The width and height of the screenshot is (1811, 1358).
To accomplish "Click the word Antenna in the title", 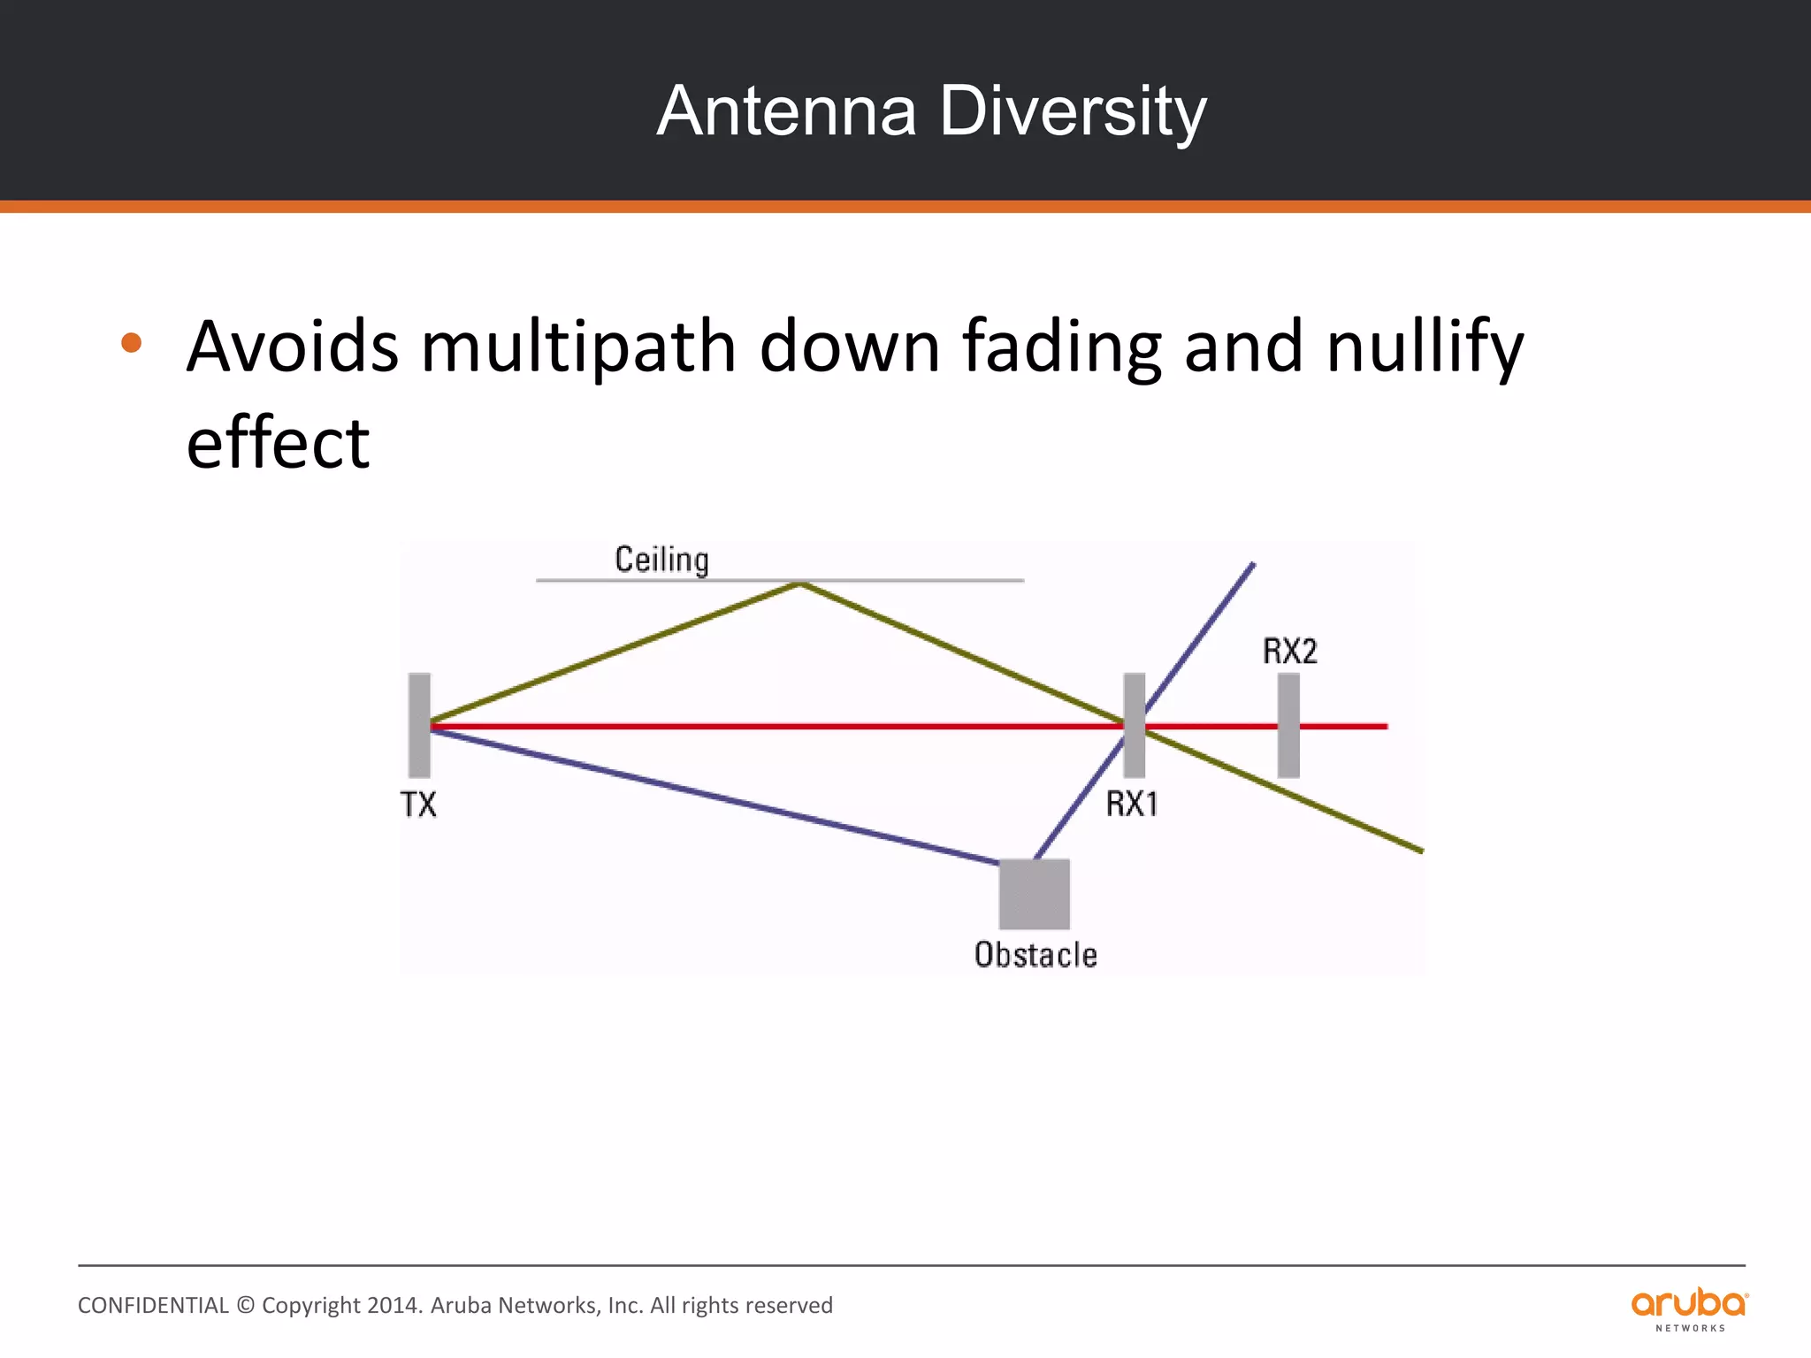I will click(786, 111).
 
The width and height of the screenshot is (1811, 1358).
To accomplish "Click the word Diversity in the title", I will click(1073, 111).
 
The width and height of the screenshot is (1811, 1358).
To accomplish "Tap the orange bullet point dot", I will click(132, 343).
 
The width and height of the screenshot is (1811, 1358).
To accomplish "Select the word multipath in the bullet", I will click(578, 347).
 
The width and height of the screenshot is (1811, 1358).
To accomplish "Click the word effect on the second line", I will click(278, 443).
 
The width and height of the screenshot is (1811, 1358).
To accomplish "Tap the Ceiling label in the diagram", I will click(661, 561).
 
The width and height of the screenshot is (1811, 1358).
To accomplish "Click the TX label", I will click(418, 805).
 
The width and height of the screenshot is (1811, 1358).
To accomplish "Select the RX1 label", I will click(1132, 805).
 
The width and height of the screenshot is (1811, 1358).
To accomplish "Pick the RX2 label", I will click(1289, 652).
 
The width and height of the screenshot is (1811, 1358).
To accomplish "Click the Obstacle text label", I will click(1035, 956).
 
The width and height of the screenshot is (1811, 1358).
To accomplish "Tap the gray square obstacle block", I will click(1034, 894).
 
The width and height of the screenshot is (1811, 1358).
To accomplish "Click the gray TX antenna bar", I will click(419, 725).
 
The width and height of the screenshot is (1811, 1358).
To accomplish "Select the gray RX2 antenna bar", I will click(1288, 725).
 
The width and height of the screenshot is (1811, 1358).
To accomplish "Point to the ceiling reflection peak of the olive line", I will click(800, 584).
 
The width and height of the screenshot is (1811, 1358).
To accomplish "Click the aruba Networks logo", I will click(1689, 1308).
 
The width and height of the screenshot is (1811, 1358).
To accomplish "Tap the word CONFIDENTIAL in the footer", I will click(153, 1306).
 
